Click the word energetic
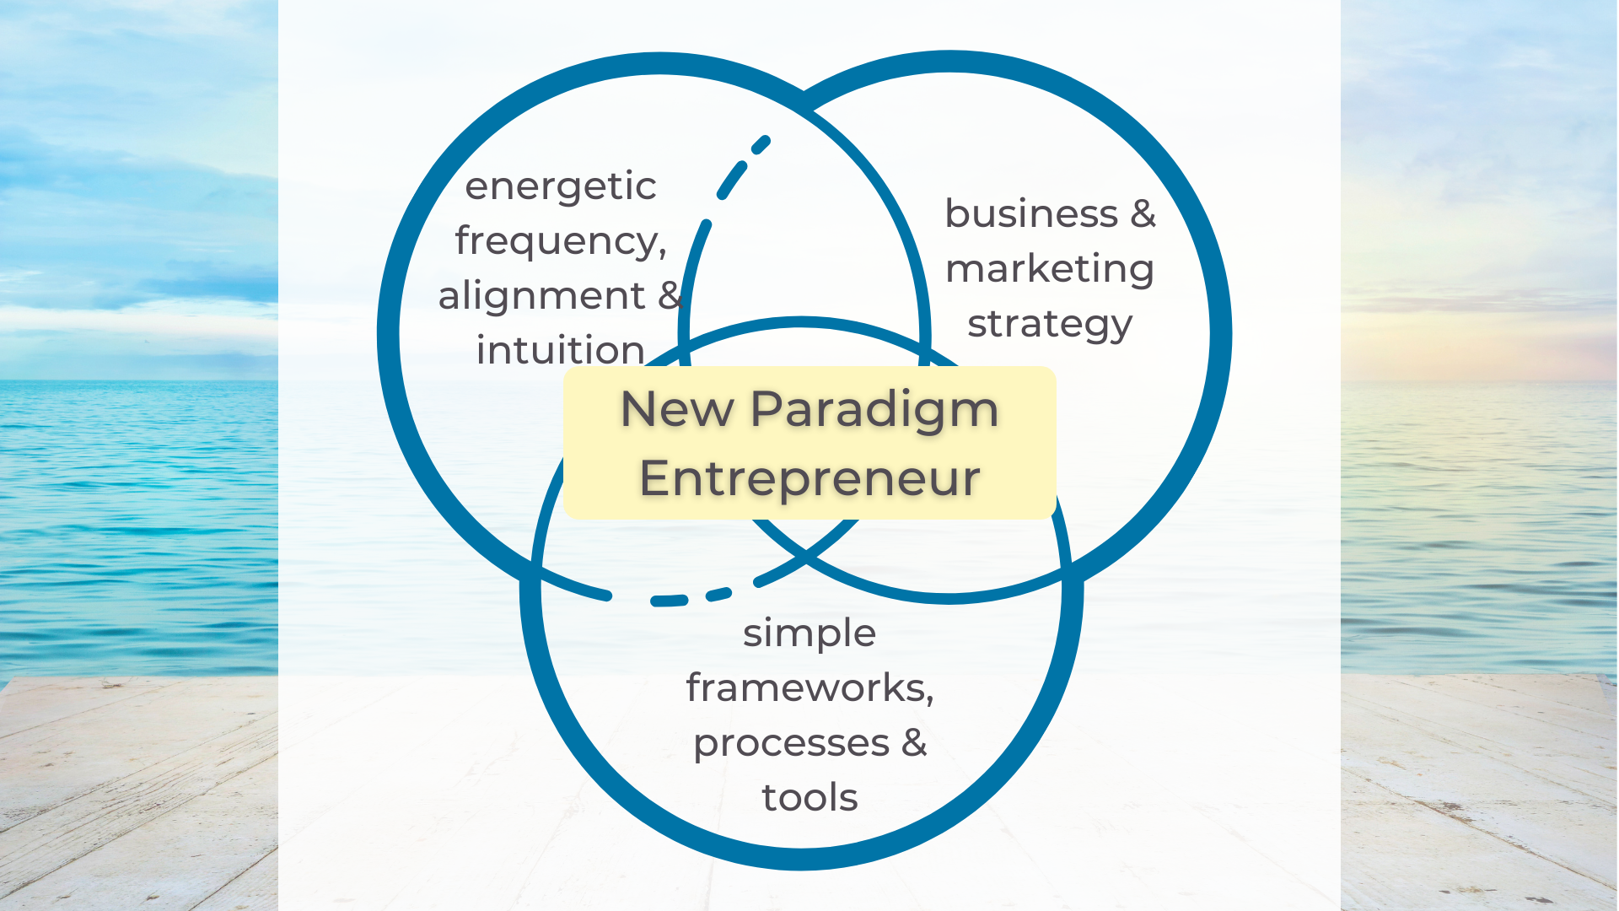click(560, 187)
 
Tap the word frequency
click(557, 242)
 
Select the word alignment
click(541, 296)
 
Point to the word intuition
click(561, 350)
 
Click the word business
click(1031, 213)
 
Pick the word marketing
click(1050, 269)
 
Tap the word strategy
click(1050, 325)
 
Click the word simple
click(809, 633)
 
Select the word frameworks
click(805, 687)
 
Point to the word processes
click(791, 744)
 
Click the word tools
click(809, 798)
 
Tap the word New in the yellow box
click(677, 410)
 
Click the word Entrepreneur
click(809, 479)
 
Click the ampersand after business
click(1143, 213)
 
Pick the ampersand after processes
click(914, 742)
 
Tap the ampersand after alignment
click(670, 295)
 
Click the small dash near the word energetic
click(760, 145)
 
